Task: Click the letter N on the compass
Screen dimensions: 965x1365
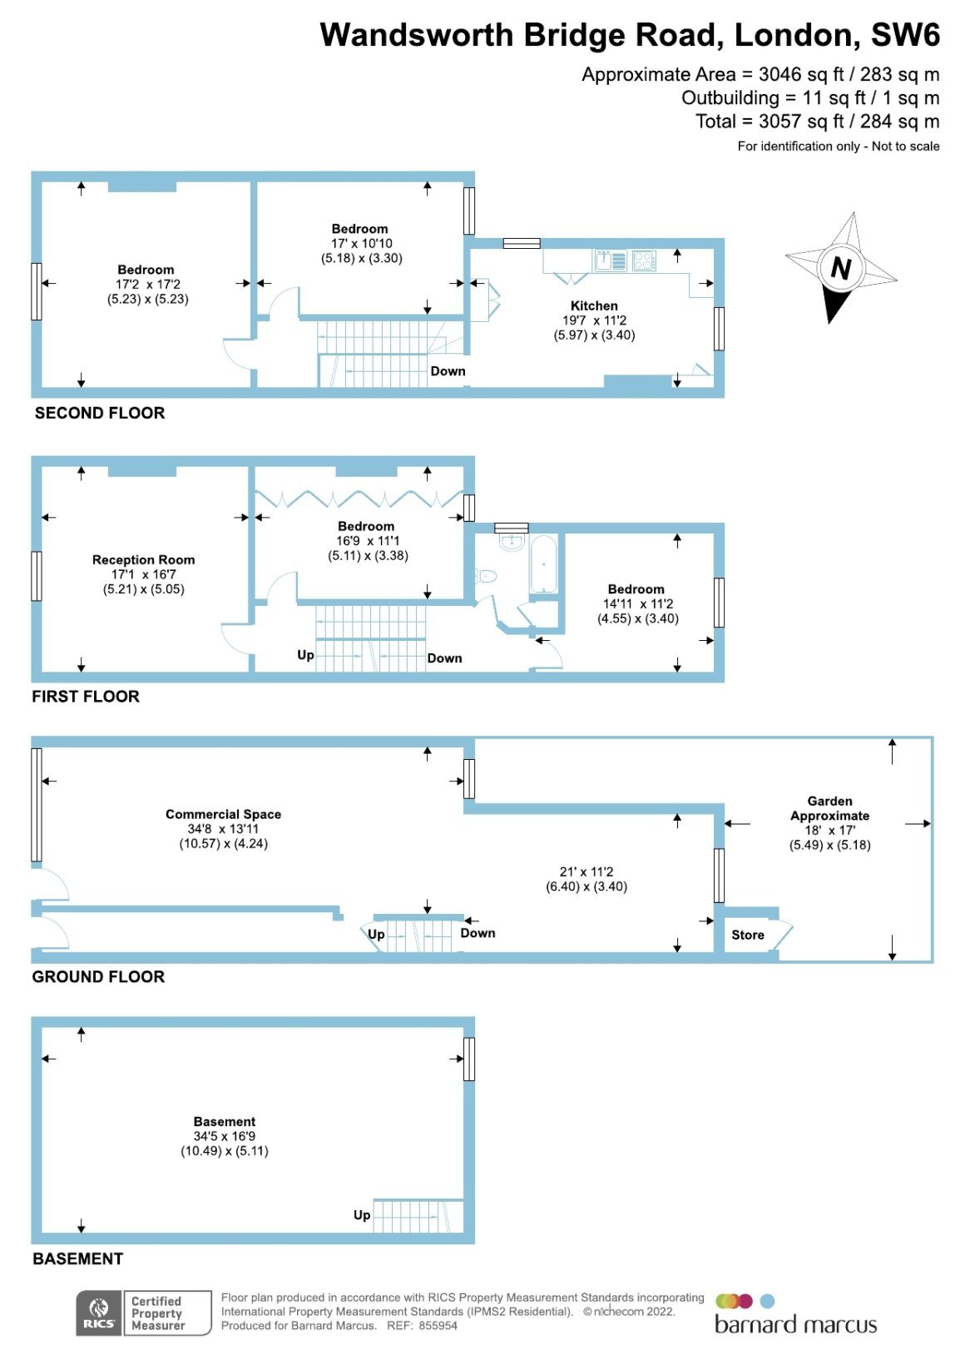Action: [841, 267]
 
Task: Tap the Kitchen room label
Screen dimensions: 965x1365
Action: [594, 306]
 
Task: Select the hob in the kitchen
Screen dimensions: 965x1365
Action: [644, 261]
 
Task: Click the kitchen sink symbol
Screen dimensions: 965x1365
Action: [611, 261]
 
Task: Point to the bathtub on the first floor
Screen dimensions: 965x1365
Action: [542, 564]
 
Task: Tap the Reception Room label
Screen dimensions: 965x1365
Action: [144, 559]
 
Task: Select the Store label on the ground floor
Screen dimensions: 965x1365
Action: [748, 935]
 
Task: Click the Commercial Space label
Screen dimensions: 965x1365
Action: [224, 814]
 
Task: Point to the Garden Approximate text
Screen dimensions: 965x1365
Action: [829, 808]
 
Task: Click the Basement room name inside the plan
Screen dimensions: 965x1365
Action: [224, 1121]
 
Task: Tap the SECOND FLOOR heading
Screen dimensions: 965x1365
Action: [100, 413]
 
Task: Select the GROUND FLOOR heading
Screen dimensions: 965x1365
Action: [98, 977]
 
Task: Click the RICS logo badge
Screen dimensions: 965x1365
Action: [99, 1313]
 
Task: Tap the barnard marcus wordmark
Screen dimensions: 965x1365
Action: [795, 1325]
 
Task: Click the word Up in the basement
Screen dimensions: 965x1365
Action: [362, 1215]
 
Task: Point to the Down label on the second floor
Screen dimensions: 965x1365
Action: [448, 371]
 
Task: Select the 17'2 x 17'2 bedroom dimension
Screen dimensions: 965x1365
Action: [148, 284]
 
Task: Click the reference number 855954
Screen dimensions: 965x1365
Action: [438, 1325]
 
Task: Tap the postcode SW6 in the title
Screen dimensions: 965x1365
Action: [905, 35]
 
